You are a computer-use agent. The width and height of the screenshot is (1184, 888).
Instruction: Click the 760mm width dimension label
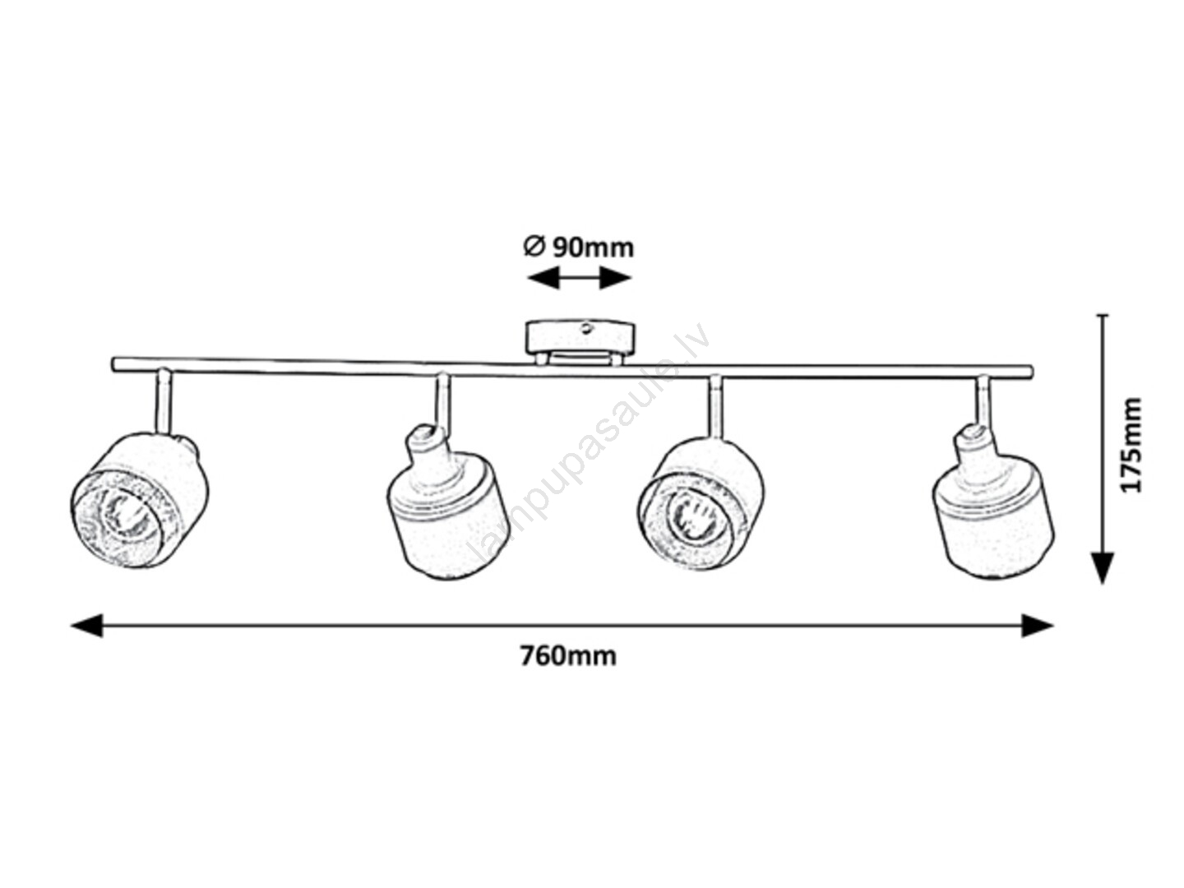[x=568, y=656]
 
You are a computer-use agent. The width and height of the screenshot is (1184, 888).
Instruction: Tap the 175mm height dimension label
[x=1131, y=444]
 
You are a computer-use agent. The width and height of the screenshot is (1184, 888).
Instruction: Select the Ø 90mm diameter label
[x=579, y=247]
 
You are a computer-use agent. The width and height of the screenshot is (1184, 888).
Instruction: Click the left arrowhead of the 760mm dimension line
[x=87, y=626]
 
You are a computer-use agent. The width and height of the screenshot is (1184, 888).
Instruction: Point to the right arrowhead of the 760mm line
[x=1038, y=626]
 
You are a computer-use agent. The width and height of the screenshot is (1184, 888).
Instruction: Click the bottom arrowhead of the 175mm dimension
[x=1103, y=568]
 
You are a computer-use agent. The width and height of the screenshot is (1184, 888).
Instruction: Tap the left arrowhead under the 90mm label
[x=543, y=278]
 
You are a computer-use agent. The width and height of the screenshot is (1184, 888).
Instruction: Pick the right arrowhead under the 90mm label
[x=615, y=278]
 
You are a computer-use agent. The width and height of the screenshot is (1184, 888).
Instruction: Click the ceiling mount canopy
[x=580, y=341]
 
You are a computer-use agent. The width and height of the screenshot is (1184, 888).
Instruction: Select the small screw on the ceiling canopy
[x=586, y=327]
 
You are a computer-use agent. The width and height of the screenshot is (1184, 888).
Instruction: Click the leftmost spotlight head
[x=139, y=500]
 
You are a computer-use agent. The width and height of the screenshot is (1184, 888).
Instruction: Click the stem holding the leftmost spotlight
[x=164, y=401]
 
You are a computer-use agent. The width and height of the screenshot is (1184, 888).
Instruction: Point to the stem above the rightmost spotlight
[x=983, y=400]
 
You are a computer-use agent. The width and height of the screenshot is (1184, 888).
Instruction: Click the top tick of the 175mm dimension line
[x=1103, y=314]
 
